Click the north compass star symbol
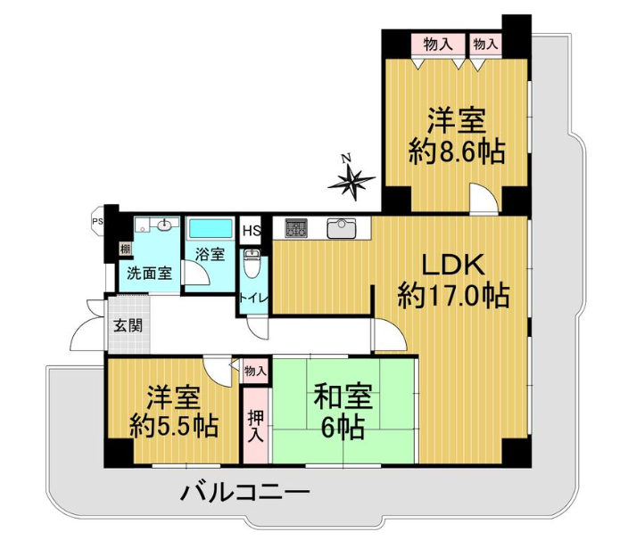pos(351,182)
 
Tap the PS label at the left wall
pos(96,220)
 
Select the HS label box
pos(252,231)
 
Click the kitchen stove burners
pos(296,228)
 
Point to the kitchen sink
pos(342,228)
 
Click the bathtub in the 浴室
pos(211,229)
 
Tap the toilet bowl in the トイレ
pos(252,264)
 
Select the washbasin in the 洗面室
pos(165,225)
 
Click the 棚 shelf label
pos(125,250)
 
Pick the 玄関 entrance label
pos(128,325)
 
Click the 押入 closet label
pos(255,426)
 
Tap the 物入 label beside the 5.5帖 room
pos(255,371)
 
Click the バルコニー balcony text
pos(244,493)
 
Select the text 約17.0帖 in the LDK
pos(453,296)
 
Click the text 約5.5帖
pos(173,426)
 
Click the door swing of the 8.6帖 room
pos(484,199)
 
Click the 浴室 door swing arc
pos(196,273)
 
